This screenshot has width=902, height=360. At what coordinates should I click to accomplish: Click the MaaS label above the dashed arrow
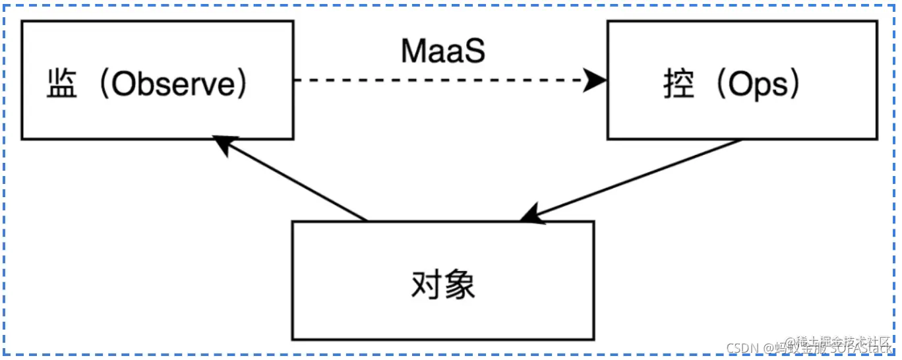click(443, 51)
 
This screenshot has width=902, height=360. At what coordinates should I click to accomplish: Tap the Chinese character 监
click(63, 86)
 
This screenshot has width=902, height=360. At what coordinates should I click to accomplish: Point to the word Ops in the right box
click(758, 86)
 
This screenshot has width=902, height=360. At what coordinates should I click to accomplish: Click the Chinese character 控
click(679, 86)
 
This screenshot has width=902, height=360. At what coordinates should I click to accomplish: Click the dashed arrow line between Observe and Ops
click(435, 81)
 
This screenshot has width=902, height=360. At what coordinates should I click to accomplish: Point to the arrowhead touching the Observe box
click(222, 145)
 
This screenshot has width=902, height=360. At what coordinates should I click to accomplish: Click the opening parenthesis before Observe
click(102, 86)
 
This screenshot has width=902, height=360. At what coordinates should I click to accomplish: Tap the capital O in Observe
click(122, 85)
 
